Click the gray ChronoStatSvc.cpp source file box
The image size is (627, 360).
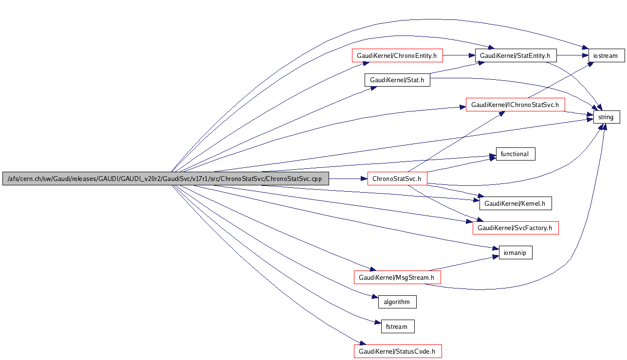click(x=166, y=179)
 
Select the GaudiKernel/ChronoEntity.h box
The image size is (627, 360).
click(x=397, y=55)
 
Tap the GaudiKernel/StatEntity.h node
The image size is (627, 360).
click(x=516, y=55)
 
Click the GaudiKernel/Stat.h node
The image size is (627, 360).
click(x=397, y=80)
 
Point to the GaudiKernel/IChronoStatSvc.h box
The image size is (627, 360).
click(x=515, y=105)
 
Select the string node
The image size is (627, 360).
click(x=606, y=117)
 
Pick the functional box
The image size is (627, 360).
click(x=515, y=154)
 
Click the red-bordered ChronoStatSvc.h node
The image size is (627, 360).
click(x=397, y=179)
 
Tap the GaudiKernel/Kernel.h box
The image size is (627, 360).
click(x=516, y=203)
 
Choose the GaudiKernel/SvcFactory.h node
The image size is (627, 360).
click(x=515, y=228)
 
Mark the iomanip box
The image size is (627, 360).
click(x=516, y=252)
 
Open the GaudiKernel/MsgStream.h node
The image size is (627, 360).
click(x=397, y=277)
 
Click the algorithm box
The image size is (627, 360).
click(x=397, y=302)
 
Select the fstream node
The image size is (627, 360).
click(x=397, y=326)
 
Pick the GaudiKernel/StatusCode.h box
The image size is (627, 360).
click(x=397, y=351)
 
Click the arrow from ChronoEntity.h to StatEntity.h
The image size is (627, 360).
click(x=458, y=55)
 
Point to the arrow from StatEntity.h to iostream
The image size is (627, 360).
click(x=572, y=55)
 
